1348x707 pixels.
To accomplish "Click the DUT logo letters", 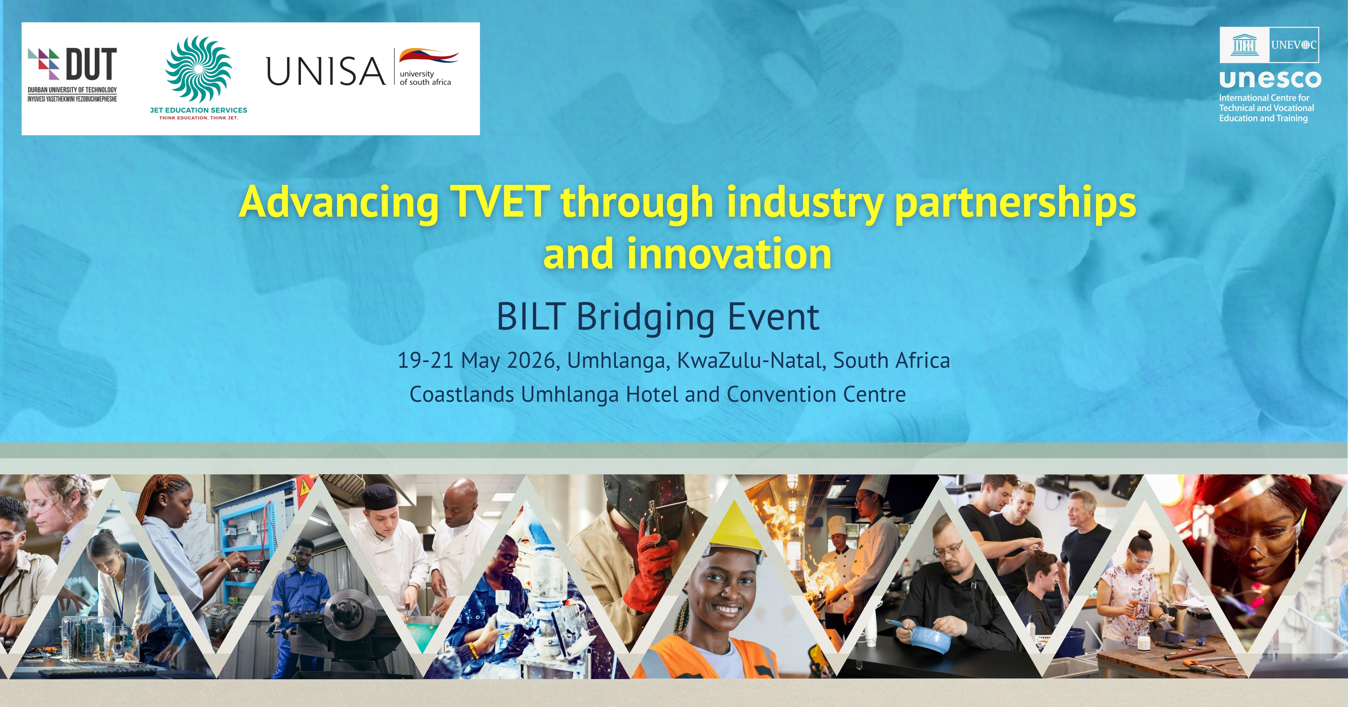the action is pyautogui.click(x=92, y=64).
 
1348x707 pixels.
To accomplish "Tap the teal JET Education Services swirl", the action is pyautogui.click(x=198, y=69).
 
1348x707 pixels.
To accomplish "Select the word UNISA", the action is pyautogui.click(x=325, y=71).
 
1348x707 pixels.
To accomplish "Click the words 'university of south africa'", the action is pyautogui.click(x=425, y=78).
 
